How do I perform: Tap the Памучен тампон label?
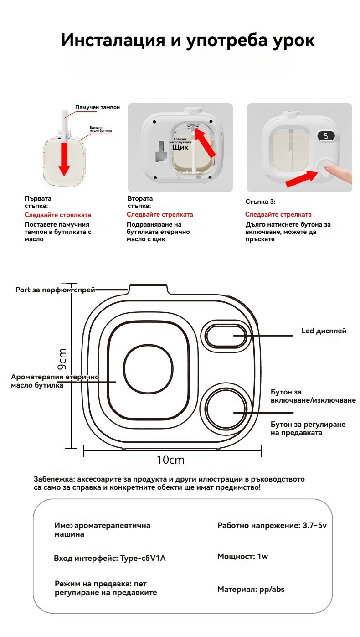click(98, 107)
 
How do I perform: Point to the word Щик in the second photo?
click(180, 147)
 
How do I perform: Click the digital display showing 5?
click(326, 136)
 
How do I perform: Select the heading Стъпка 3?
click(260, 202)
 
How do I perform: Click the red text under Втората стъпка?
click(159, 214)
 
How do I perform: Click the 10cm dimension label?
click(170, 460)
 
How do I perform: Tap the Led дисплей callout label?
click(324, 331)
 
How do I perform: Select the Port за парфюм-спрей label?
click(55, 290)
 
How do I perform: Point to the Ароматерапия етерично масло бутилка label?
click(55, 381)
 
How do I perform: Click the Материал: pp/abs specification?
click(251, 589)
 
